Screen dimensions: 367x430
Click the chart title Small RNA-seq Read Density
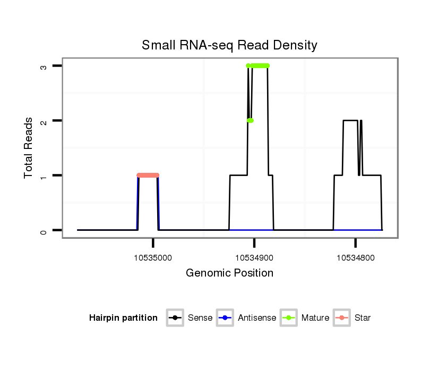click(x=229, y=45)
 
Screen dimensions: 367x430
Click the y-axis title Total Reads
click(x=29, y=148)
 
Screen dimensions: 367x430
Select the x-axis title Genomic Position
click(x=229, y=273)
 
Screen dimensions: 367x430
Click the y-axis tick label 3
click(x=44, y=66)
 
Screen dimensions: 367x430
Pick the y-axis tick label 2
click(x=44, y=121)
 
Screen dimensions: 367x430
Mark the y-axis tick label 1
click(x=44, y=176)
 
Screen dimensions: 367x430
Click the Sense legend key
click(x=175, y=318)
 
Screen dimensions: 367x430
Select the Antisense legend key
click(x=226, y=318)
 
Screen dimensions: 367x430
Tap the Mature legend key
click(x=289, y=318)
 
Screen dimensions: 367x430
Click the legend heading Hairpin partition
click(x=124, y=318)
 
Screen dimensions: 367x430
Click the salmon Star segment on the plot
click(x=148, y=175)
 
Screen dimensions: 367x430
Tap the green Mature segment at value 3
click(x=260, y=66)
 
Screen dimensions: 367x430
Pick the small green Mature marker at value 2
click(x=250, y=121)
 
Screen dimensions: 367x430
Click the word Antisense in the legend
click(x=257, y=318)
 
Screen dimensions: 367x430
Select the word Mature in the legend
click(x=315, y=318)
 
